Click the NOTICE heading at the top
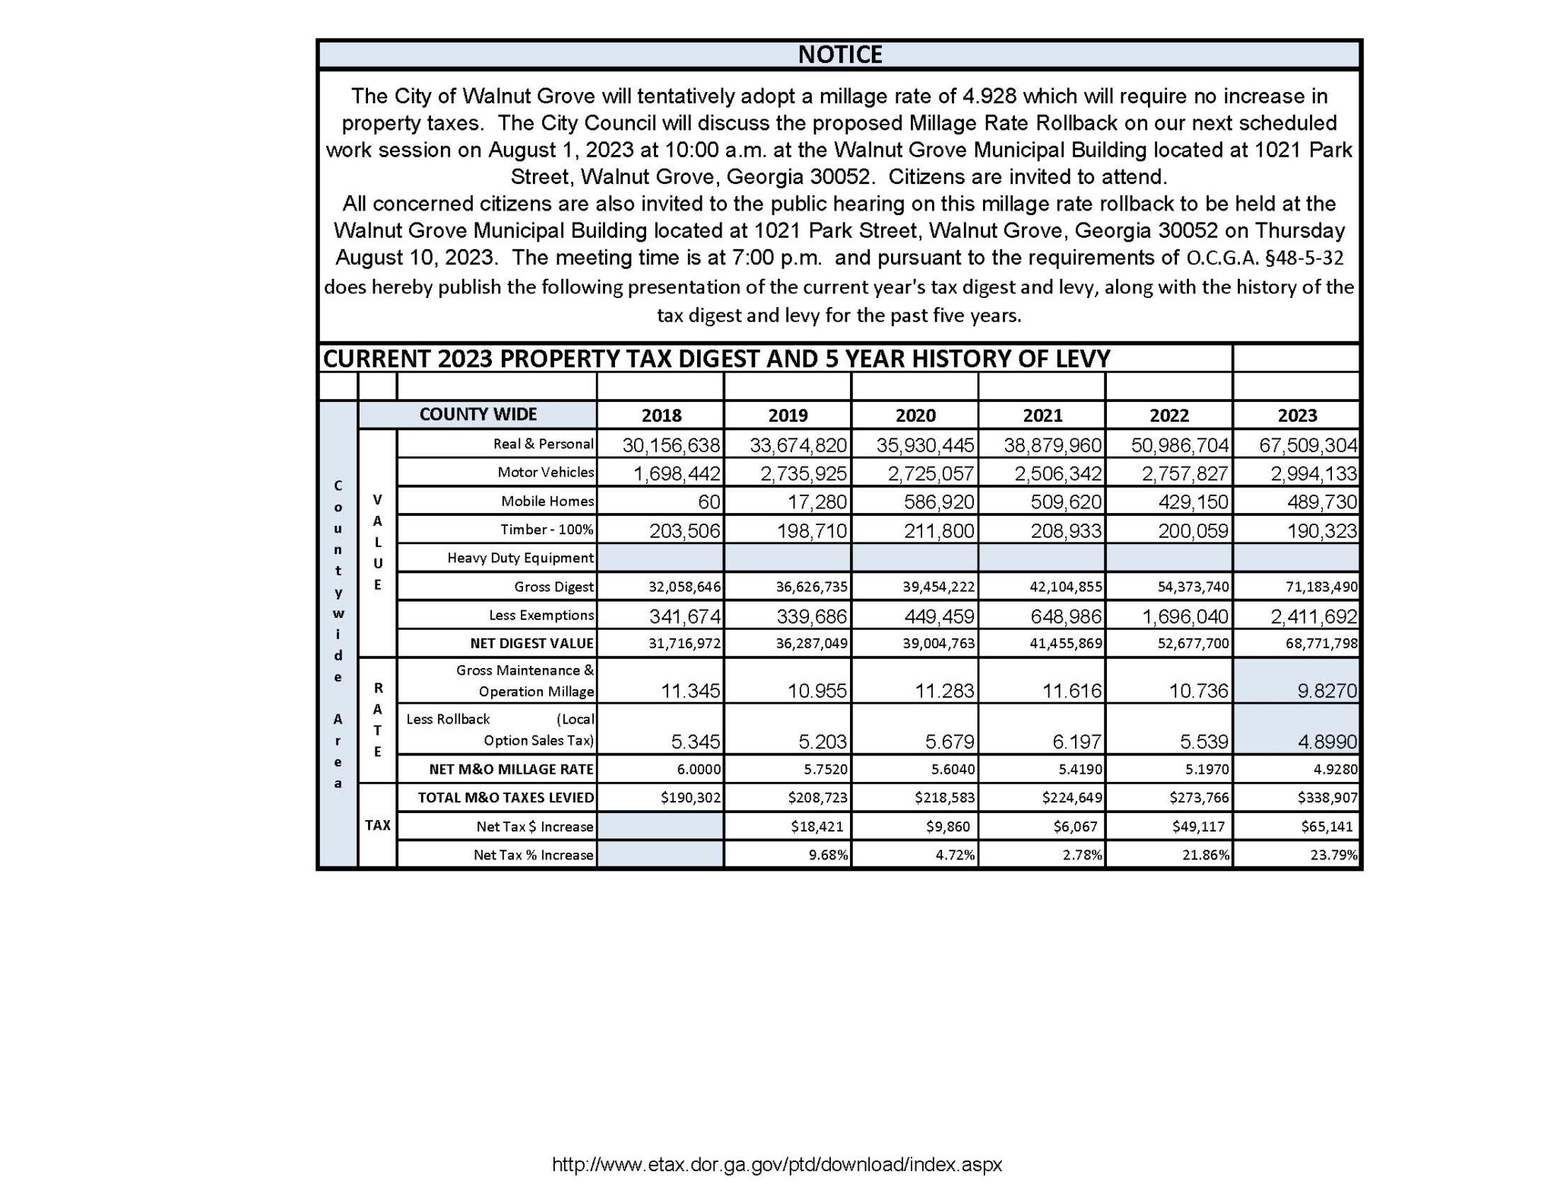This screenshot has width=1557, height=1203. (839, 55)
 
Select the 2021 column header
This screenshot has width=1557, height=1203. (1042, 415)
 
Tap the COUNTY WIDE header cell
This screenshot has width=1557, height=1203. (477, 414)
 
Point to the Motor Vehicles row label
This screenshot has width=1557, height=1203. (545, 472)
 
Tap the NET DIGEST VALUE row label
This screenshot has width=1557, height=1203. (531, 643)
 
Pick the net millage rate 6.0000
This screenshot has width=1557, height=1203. (699, 769)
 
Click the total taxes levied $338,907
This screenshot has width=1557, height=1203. (1327, 798)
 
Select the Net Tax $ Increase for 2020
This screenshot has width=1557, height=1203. (947, 826)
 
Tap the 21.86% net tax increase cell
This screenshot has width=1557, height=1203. (1206, 855)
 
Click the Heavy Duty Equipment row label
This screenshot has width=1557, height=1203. (520, 558)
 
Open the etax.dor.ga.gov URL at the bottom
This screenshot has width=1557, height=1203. (777, 1163)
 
